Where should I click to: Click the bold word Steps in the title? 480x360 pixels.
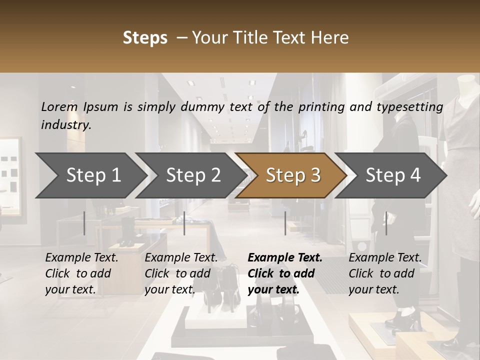[145, 38]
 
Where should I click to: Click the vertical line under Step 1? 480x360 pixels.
[84, 223]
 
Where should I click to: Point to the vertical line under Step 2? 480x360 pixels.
[184, 223]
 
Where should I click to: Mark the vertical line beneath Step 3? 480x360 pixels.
[285, 223]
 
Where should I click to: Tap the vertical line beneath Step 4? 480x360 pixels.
[386, 223]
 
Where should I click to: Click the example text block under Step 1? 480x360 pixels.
[81, 273]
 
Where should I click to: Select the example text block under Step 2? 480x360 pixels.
[181, 273]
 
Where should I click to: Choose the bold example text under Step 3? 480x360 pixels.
[285, 273]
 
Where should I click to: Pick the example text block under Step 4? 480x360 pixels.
[385, 273]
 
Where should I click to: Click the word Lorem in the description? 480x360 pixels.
[59, 106]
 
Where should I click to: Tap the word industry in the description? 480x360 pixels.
[66, 125]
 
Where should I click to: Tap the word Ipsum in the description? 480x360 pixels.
[101, 107]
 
